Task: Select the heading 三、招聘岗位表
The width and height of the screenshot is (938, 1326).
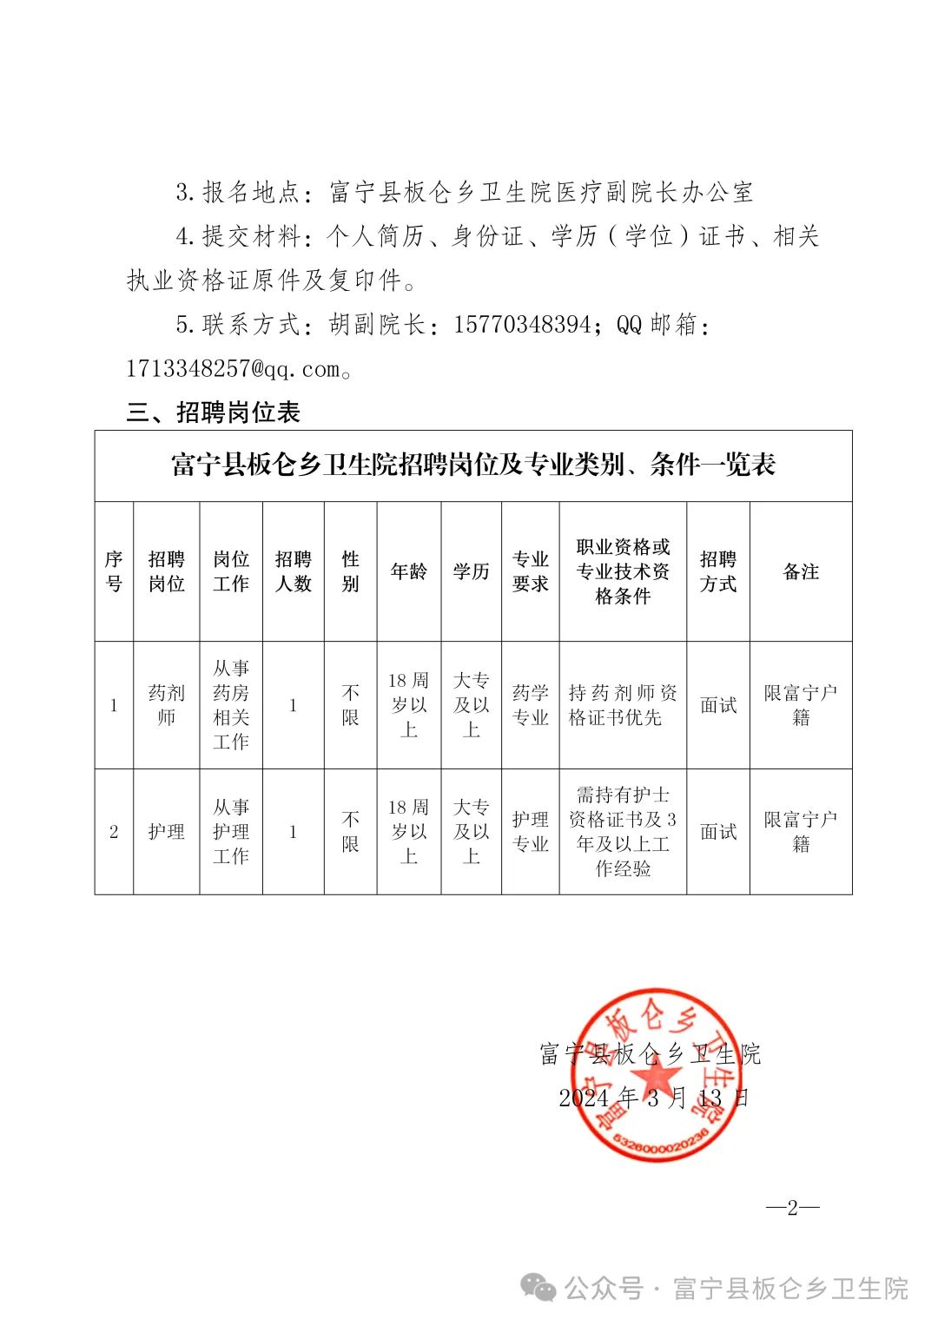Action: (214, 412)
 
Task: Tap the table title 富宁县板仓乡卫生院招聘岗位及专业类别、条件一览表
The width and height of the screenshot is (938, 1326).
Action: (473, 465)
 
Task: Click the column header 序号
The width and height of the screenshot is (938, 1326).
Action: (114, 571)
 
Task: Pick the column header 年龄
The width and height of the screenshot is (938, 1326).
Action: (409, 571)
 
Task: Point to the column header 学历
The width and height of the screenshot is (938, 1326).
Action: (472, 571)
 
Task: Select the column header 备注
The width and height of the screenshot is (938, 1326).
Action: (801, 571)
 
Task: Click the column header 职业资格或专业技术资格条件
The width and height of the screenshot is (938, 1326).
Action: (623, 571)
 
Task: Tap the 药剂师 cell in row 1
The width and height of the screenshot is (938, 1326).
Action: (166, 705)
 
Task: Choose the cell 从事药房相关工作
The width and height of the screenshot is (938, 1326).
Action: (231, 705)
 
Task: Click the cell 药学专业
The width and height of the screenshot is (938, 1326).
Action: (531, 705)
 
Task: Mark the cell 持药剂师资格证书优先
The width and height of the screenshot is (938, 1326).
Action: (623, 705)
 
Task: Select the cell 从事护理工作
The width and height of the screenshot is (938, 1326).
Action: (231, 831)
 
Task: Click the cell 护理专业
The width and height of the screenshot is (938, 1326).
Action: (531, 831)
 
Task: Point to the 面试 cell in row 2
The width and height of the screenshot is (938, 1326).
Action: (718, 831)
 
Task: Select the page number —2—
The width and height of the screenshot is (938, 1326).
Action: (792, 1207)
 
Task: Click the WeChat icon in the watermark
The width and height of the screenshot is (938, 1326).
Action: (538, 1288)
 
